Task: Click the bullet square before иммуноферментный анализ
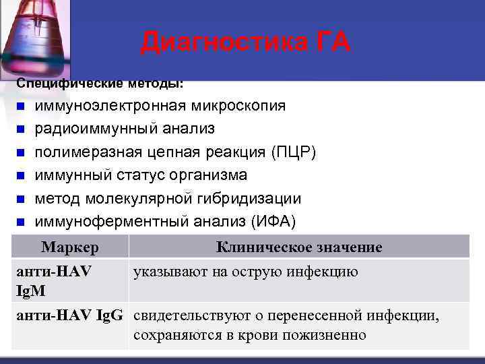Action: [21, 222]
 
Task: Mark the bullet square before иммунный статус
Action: [21, 176]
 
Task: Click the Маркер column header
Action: [70, 247]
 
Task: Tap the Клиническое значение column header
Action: [299, 247]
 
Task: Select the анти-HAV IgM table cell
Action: [54, 280]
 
